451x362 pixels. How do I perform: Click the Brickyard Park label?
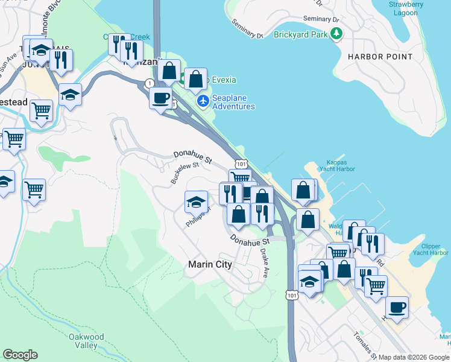[300, 34]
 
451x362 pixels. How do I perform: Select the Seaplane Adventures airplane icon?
[203, 101]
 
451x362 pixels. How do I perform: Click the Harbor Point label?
[380, 57]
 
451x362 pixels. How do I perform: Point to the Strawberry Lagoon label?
[406, 8]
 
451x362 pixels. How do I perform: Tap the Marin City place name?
[210, 264]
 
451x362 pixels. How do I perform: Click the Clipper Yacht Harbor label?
[430, 249]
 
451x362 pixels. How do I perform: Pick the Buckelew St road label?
[184, 173]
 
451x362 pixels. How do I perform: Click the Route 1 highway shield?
[149, 83]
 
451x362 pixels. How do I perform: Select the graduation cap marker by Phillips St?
[196, 201]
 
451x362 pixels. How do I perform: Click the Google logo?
[20, 355]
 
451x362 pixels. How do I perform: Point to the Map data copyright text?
[413, 357]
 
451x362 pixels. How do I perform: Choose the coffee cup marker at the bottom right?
[397, 306]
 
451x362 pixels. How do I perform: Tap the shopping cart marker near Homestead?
[42, 110]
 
